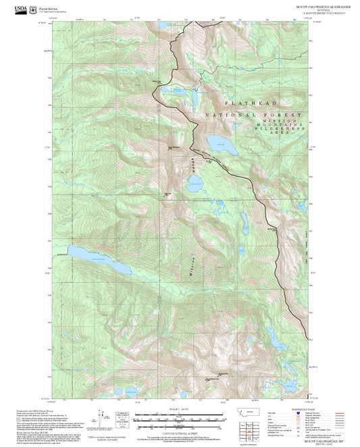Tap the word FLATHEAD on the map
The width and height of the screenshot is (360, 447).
click(x=251, y=103)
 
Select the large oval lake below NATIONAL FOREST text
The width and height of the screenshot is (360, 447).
click(x=220, y=143)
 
